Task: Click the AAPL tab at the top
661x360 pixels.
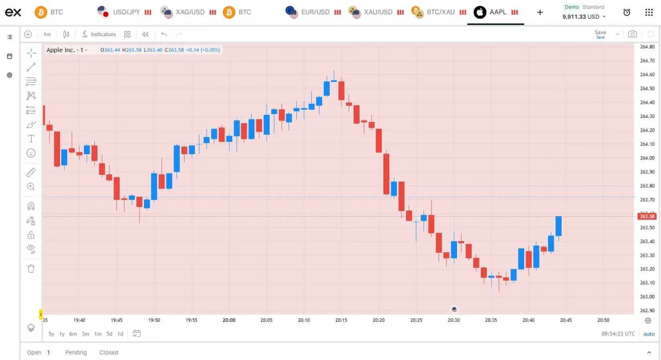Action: pyautogui.click(x=496, y=12)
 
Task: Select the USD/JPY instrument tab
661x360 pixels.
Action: pyautogui.click(x=124, y=12)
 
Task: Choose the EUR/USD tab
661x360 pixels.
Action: pyautogui.click(x=313, y=12)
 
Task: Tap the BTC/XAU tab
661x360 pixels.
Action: pyautogui.click(x=439, y=12)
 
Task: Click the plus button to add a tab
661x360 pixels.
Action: pyautogui.click(x=540, y=12)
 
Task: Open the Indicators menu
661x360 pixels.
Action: pyautogui.click(x=99, y=34)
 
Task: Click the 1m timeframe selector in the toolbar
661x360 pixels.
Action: pyautogui.click(x=47, y=34)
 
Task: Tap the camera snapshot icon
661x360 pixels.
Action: pyautogui.click(x=632, y=34)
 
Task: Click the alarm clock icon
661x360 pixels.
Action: pyautogui.click(x=626, y=12)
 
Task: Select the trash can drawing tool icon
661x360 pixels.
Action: pyautogui.click(x=31, y=268)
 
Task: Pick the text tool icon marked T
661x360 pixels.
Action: pyautogui.click(x=31, y=139)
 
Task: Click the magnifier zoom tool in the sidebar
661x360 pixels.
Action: pyautogui.click(x=31, y=186)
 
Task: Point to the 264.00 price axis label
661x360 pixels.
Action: pyautogui.click(x=647, y=158)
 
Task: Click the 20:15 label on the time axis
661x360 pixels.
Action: pyautogui.click(x=341, y=320)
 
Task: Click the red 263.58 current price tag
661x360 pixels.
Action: pyautogui.click(x=647, y=216)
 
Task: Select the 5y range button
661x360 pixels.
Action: pyautogui.click(x=51, y=334)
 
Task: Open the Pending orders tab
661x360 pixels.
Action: pyautogui.click(x=76, y=352)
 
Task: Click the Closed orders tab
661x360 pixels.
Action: pyautogui.click(x=108, y=352)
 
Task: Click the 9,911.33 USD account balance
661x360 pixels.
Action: pyautogui.click(x=580, y=17)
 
